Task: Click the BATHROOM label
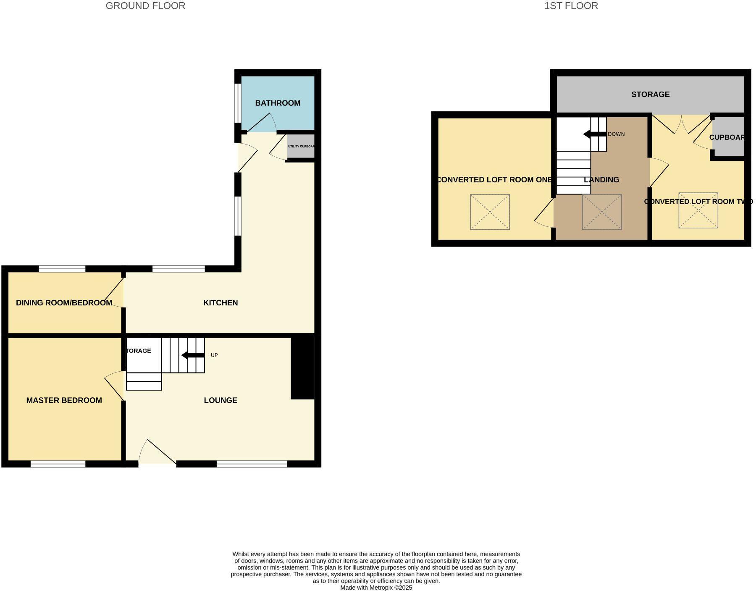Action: point(278,103)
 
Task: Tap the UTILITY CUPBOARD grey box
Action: point(301,146)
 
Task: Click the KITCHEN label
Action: point(220,302)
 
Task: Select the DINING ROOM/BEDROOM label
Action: point(64,302)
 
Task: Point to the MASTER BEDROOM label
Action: point(64,400)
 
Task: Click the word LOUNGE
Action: point(220,400)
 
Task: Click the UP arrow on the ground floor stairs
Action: point(193,355)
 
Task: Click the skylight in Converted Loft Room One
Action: point(490,212)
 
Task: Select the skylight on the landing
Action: point(601,212)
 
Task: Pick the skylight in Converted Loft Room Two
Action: point(698,210)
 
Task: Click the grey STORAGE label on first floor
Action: point(650,95)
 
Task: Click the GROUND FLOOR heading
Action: point(145,6)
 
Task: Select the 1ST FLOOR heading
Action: point(571,6)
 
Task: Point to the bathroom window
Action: point(238,103)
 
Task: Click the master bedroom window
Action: point(58,464)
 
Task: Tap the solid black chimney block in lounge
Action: point(302,367)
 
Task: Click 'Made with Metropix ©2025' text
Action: point(376,588)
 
